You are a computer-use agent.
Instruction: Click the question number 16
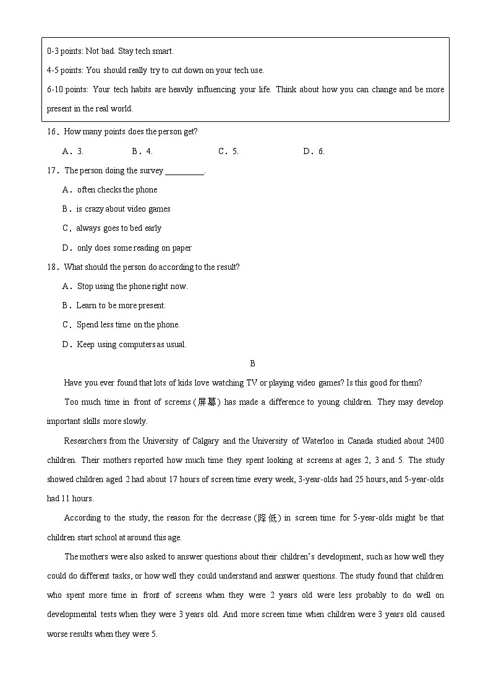52,132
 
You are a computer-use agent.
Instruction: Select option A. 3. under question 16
73,152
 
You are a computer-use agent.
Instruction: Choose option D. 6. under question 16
314,152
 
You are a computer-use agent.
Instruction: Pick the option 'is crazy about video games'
123,209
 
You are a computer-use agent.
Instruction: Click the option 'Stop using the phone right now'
132,287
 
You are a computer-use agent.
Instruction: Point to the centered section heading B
252,364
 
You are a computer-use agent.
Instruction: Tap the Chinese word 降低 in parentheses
268,518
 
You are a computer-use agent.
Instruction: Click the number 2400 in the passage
435,441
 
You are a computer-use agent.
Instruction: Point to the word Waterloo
315,441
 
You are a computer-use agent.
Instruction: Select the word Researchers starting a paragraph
85,441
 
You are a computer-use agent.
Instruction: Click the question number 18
52,267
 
